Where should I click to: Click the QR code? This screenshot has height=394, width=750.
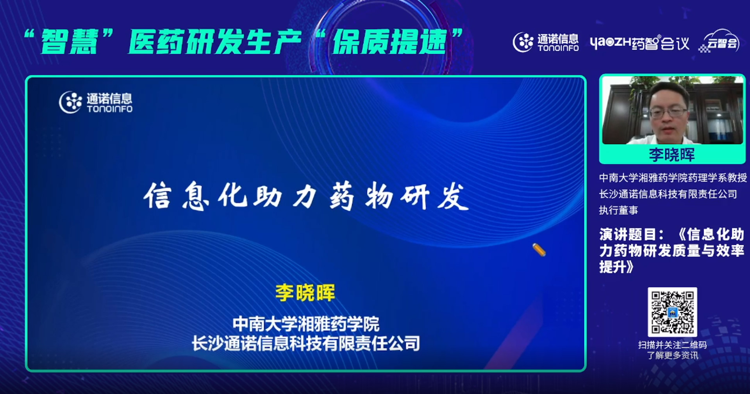point(672,312)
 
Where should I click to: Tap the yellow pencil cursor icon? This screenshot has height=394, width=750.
point(539,250)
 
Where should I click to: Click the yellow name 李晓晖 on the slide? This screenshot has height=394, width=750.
point(305,292)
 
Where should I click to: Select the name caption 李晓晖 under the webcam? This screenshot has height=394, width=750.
point(672,155)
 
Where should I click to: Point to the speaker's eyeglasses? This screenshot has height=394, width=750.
point(668,112)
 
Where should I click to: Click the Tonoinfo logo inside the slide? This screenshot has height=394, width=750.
point(96,102)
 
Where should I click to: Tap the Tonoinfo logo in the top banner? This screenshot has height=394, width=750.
point(546,42)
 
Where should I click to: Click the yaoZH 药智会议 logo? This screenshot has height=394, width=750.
point(639,43)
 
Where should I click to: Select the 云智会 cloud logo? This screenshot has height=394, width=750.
point(720,41)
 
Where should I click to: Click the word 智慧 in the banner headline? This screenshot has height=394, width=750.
point(69,41)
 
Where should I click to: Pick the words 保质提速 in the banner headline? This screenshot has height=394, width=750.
point(389,41)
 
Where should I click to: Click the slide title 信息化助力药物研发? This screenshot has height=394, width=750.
point(306,196)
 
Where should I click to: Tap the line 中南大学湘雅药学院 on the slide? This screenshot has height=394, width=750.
point(306,324)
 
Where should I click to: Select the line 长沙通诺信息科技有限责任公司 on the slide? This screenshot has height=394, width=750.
point(306,344)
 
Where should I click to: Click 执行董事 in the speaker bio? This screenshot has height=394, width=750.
point(618,210)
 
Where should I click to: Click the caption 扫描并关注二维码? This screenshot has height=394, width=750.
point(672,345)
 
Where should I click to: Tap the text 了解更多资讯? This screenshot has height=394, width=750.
point(672,355)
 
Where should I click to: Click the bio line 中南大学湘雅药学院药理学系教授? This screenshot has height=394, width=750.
point(673,178)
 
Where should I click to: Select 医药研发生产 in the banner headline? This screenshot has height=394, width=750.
point(215,41)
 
